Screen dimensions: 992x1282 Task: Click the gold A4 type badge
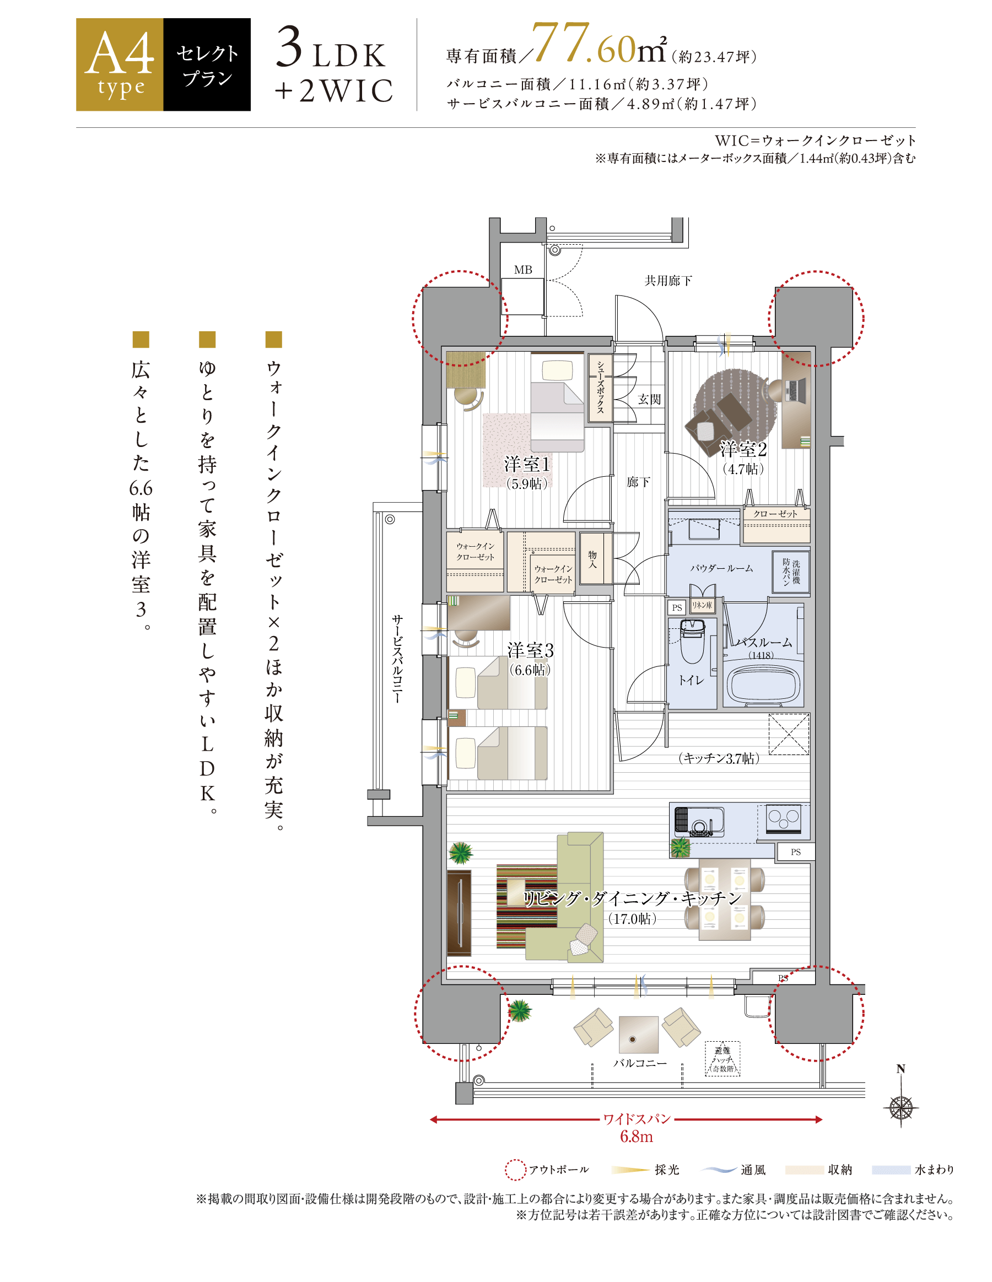[120, 64]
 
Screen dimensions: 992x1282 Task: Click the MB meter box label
[523, 270]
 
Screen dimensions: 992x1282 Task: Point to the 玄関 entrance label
[649, 399]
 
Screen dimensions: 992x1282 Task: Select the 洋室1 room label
[526, 464]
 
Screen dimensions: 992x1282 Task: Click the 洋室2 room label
[743, 449]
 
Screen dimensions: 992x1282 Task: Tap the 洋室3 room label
[530, 650]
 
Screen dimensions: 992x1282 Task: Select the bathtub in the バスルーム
[764, 683]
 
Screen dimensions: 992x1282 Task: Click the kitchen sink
[699, 822]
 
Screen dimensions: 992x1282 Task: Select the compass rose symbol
[901, 1108]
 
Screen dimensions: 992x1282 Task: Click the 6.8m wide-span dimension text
[637, 1136]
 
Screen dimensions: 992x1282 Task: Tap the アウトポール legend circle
[515, 1170]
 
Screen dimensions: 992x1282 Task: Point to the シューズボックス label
[600, 387]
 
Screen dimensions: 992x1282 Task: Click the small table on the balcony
[638, 1035]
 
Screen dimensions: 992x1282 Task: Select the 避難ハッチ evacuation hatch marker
[722, 1059]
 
